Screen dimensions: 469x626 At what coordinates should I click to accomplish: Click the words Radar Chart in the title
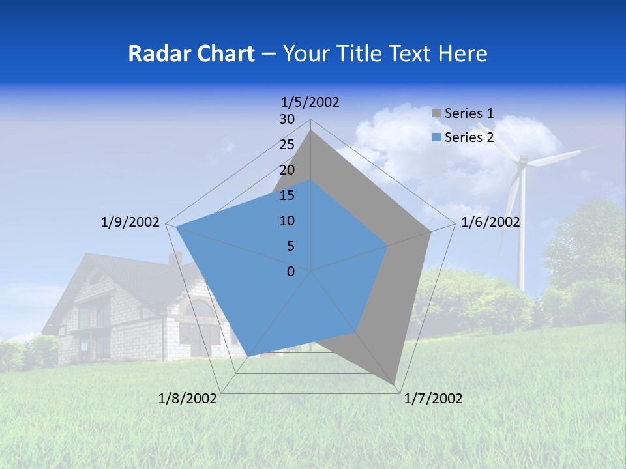tap(191, 53)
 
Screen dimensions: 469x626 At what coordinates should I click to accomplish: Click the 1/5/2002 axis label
tap(310, 102)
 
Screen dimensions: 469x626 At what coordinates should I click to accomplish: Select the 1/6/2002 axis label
tap(490, 222)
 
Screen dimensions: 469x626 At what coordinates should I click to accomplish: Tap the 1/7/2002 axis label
tap(433, 399)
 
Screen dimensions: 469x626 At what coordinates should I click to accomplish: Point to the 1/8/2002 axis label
tap(188, 399)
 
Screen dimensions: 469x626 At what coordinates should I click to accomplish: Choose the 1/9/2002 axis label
tap(130, 222)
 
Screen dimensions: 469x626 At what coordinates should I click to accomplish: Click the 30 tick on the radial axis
tap(287, 119)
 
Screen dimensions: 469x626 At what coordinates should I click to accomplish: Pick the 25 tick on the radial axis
tap(287, 145)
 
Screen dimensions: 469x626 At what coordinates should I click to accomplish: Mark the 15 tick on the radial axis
tap(287, 195)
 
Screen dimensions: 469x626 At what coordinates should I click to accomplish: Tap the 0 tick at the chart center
tap(291, 272)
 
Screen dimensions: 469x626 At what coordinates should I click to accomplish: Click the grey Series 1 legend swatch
tap(437, 114)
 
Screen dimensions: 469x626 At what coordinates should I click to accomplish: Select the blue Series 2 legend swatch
tap(437, 137)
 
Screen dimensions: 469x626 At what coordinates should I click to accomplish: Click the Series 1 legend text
tap(469, 114)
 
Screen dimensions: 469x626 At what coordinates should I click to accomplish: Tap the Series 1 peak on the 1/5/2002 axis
tap(311, 130)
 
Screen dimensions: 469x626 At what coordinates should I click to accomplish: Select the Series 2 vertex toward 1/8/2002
tap(249, 356)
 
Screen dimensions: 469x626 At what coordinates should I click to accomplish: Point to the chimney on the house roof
tap(175, 259)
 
